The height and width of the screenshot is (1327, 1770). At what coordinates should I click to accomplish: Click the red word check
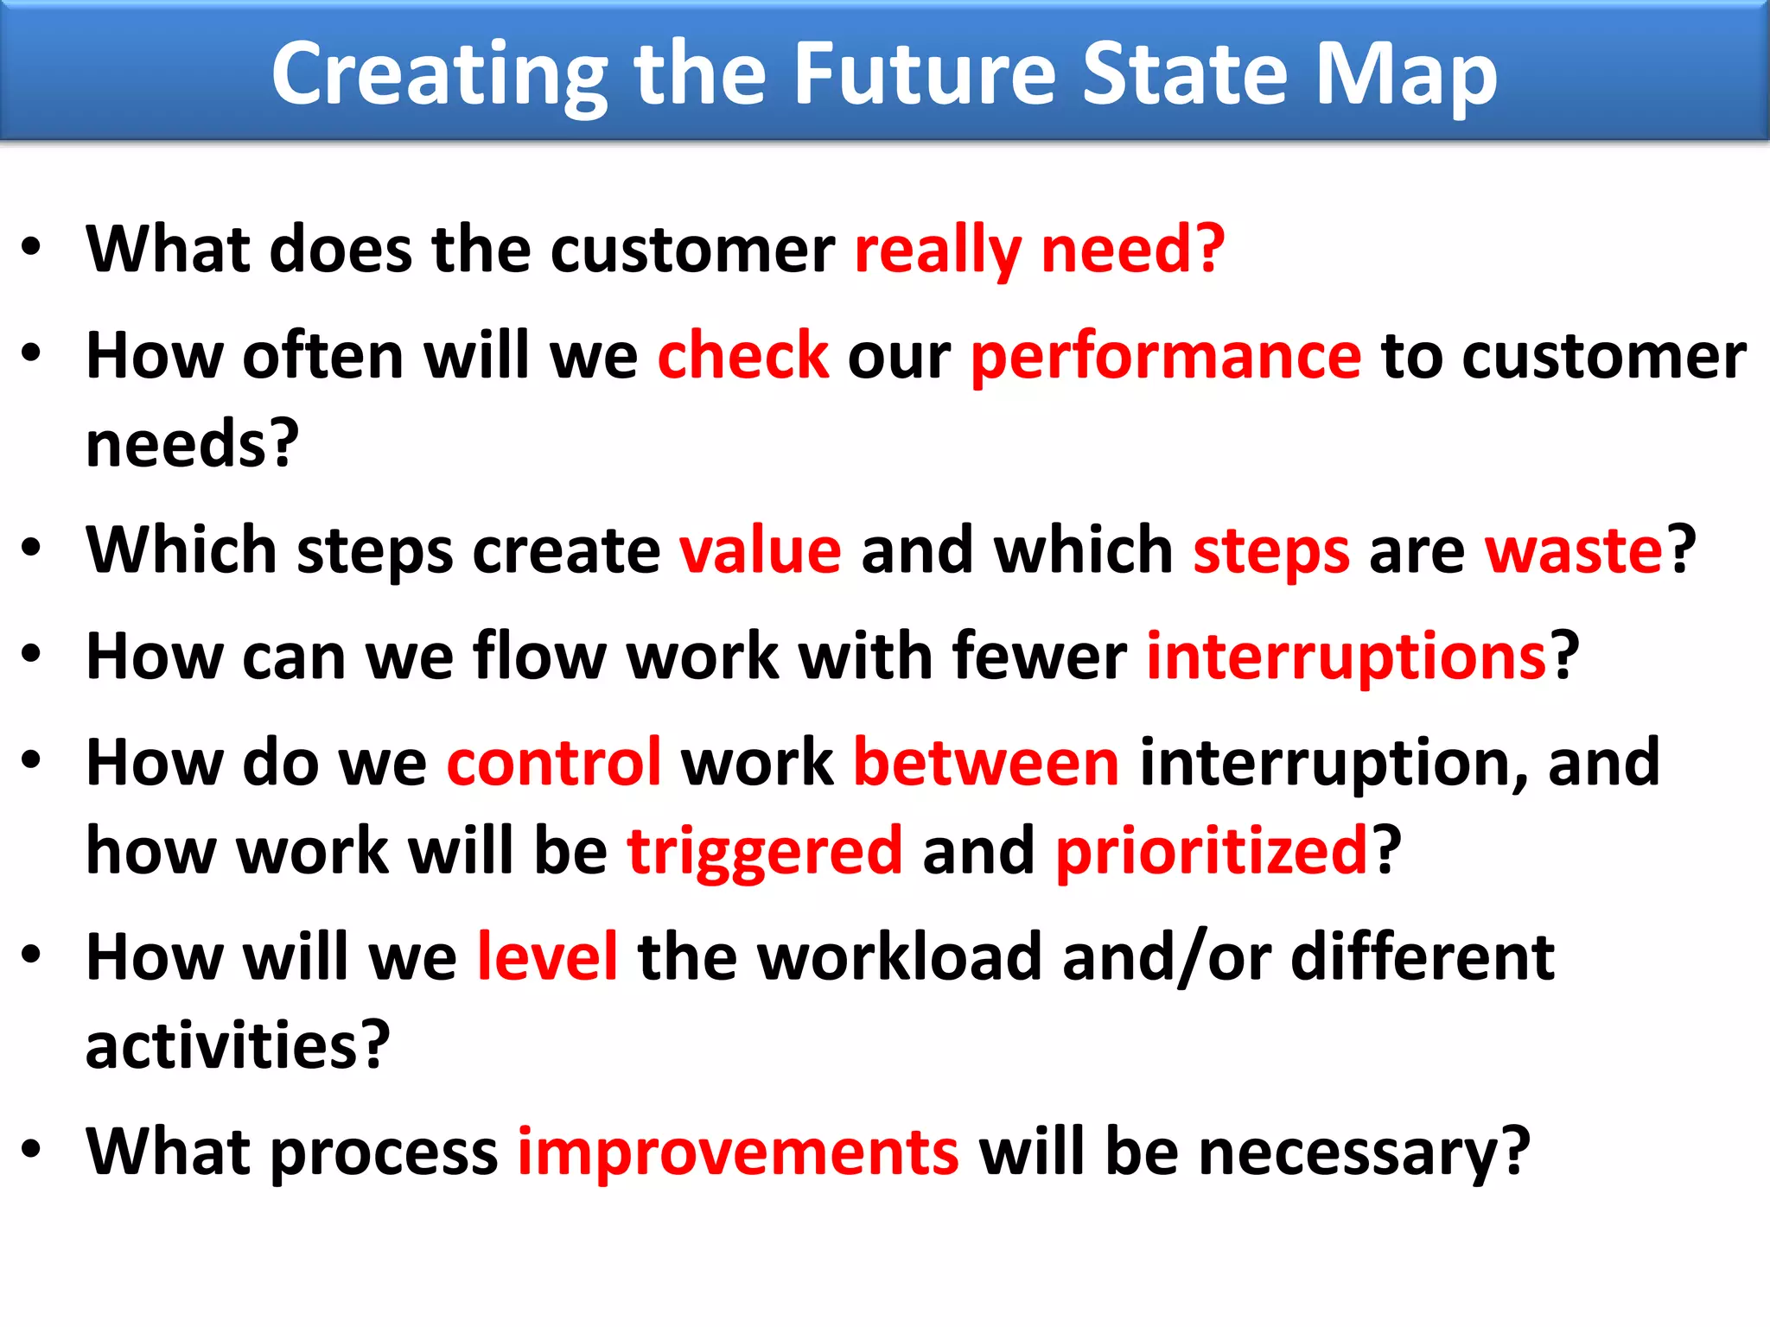click(743, 355)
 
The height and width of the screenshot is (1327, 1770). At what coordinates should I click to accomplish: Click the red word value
click(761, 550)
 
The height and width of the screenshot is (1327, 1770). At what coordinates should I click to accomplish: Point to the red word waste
click(1573, 550)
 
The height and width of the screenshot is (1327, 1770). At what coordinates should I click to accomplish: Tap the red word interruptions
click(1346, 657)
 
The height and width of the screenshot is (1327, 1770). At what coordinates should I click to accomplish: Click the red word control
click(554, 763)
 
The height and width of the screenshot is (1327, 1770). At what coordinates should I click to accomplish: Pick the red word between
click(986, 763)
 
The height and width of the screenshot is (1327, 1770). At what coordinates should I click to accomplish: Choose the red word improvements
click(738, 1152)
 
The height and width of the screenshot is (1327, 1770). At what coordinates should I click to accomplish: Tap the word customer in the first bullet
click(692, 250)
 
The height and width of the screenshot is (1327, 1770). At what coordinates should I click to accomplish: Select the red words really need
click(1039, 251)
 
